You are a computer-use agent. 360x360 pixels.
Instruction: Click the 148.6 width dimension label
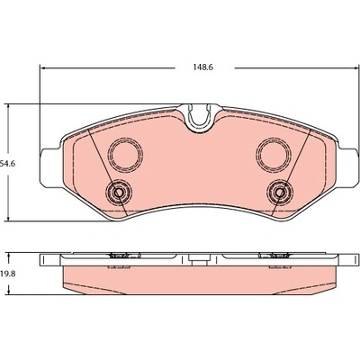203,67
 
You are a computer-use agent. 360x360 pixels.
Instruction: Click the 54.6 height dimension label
8,164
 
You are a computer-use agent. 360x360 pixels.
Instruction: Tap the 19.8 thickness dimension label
8,274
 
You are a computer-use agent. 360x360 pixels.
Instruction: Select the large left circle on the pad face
125,154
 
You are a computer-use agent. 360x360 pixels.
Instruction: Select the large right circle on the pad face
273,155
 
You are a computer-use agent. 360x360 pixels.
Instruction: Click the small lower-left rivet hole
119,193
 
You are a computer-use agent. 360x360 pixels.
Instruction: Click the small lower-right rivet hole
281,193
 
